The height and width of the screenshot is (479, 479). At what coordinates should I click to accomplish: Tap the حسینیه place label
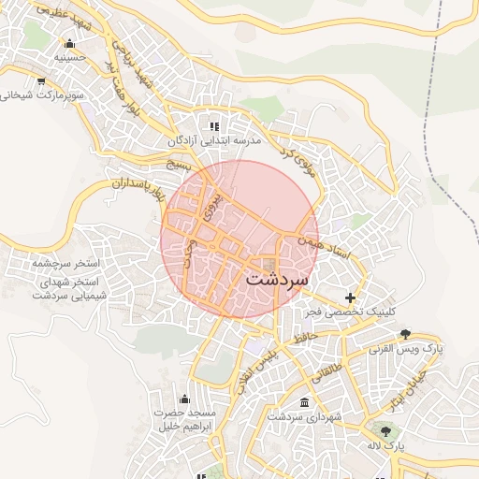[x=69, y=57]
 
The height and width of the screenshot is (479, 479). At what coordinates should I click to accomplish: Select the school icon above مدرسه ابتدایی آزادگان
[x=214, y=126]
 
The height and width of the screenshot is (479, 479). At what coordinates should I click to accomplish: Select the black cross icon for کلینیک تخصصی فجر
[x=351, y=298]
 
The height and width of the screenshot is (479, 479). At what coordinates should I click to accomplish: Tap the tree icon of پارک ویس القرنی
[x=404, y=334]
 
